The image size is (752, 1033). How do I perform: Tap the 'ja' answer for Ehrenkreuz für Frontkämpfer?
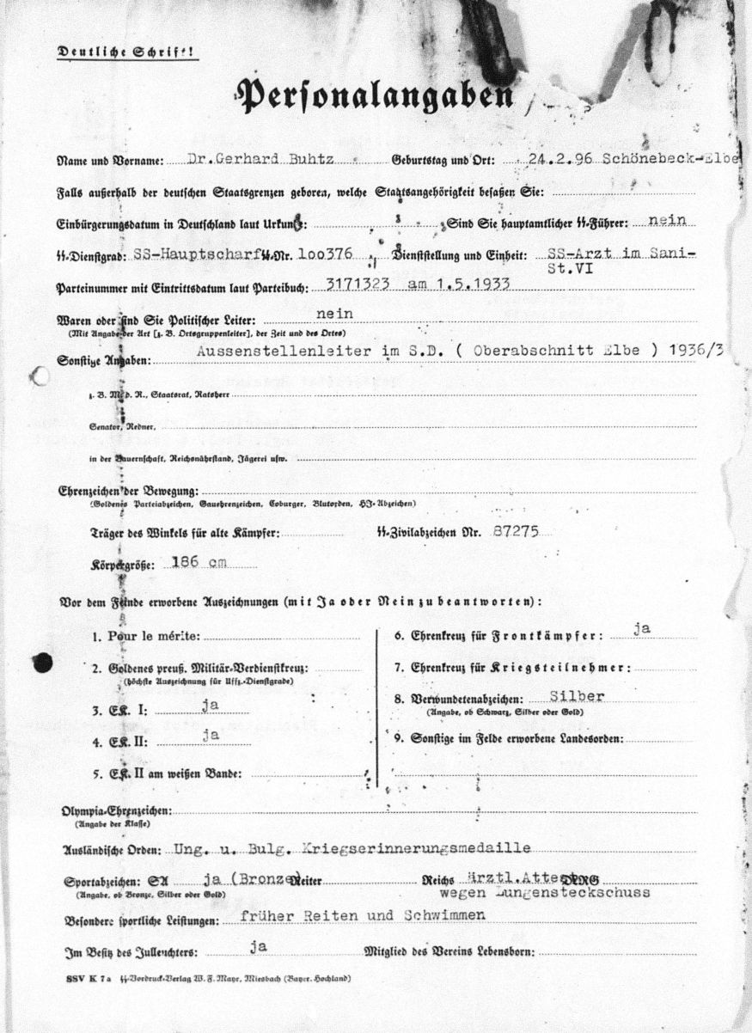640,629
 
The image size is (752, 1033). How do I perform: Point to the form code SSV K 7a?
89,979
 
